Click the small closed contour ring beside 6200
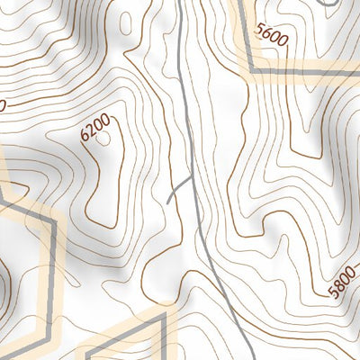(x=104, y=139)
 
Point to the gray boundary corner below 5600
(x=251, y=69)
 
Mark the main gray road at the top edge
(x=178, y=3)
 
